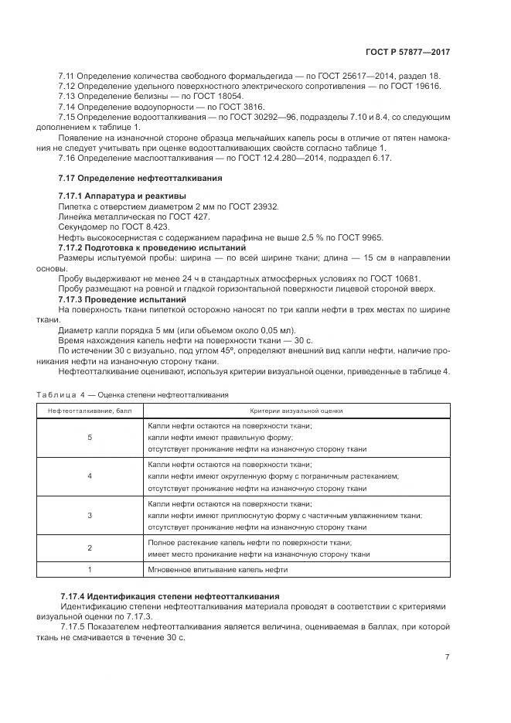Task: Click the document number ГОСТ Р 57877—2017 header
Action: [x=407, y=51]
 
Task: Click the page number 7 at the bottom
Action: [x=447, y=656]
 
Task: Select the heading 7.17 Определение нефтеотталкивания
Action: [x=140, y=178]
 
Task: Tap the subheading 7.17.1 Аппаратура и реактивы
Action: [x=122, y=196]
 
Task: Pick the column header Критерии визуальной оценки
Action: [x=296, y=411]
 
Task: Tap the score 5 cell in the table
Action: [x=90, y=438]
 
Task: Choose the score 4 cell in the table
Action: [x=90, y=476]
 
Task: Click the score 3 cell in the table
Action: [x=90, y=514]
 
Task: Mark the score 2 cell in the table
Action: [x=90, y=547]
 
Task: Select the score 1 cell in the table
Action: [x=90, y=570]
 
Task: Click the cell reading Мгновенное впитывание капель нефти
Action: [x=218, y=570]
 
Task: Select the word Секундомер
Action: [x=81, y=227]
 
